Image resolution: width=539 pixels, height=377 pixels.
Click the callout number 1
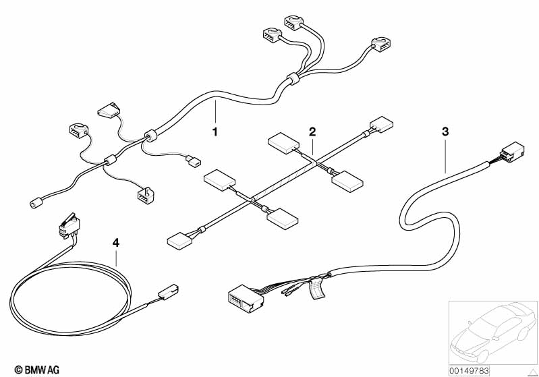point(215,131)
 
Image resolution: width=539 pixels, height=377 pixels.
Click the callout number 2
point(312,131)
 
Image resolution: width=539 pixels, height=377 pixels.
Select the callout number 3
point(445,131)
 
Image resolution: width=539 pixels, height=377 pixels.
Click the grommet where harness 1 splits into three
point(290,80)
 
